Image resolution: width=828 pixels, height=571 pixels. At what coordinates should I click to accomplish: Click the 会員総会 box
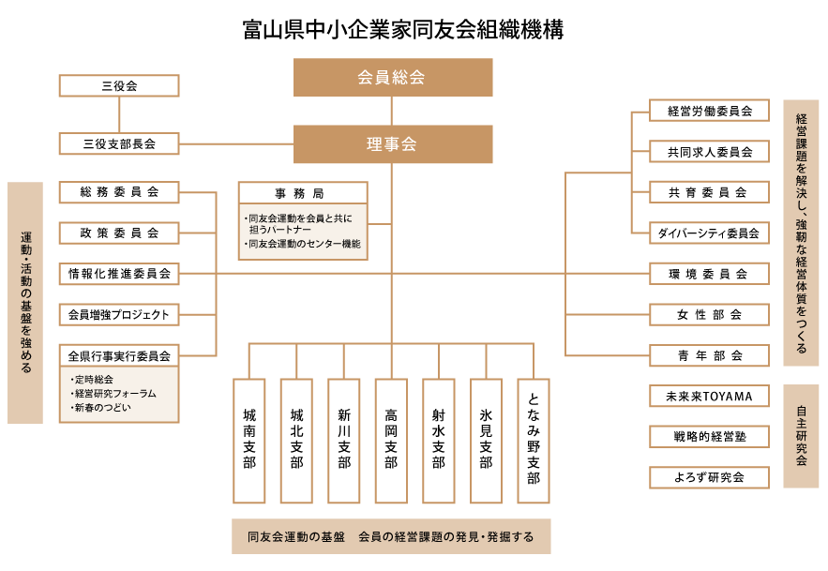tap(393, 77)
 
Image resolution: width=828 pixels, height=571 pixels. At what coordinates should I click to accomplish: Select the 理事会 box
tap(393, 144)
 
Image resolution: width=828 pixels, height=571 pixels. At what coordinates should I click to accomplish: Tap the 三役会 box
tap(119, 85)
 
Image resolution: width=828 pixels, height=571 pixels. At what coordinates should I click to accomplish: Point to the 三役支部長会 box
tap(119, 143)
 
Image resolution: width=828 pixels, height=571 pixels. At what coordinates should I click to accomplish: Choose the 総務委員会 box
tap(119, 192)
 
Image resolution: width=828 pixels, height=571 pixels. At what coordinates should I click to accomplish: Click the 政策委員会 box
tap(119, 233)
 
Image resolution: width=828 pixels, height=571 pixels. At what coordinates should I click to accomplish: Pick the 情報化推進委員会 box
tap(119, 274)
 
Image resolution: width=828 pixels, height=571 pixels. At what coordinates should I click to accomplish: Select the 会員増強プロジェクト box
tap(119, 314)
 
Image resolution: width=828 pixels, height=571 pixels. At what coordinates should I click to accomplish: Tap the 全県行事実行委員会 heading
tap(119, 355)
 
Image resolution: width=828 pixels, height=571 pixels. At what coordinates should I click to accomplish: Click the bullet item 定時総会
tap(93, 380)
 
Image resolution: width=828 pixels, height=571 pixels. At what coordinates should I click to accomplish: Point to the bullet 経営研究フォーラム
tap(113, 394)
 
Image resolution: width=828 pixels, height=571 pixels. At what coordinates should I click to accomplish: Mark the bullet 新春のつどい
tap(101, 408)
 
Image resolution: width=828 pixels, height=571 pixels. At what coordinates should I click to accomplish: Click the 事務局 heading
tap(302, 193)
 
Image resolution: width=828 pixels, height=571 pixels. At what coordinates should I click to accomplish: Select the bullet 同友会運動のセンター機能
tap(302, 244)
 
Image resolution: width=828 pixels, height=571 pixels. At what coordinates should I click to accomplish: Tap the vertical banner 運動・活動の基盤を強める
tap(25, 302)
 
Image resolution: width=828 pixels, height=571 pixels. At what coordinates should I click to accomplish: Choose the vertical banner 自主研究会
tap(801, 436)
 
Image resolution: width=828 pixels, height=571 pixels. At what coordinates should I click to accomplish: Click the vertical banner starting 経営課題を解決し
tap(801, 233)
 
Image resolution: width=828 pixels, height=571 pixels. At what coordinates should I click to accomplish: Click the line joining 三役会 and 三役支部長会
tap(119, 114)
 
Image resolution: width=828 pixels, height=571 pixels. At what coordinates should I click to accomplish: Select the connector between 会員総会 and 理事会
tap(391, 111)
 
